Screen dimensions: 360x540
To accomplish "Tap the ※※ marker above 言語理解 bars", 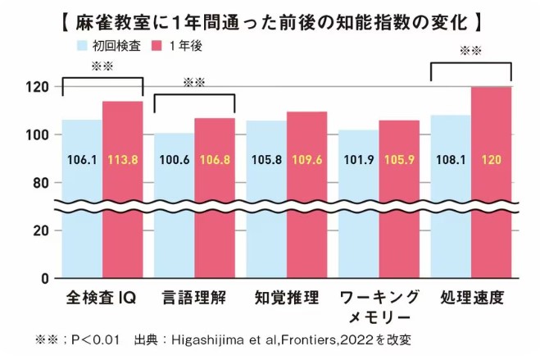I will point(193,83).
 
